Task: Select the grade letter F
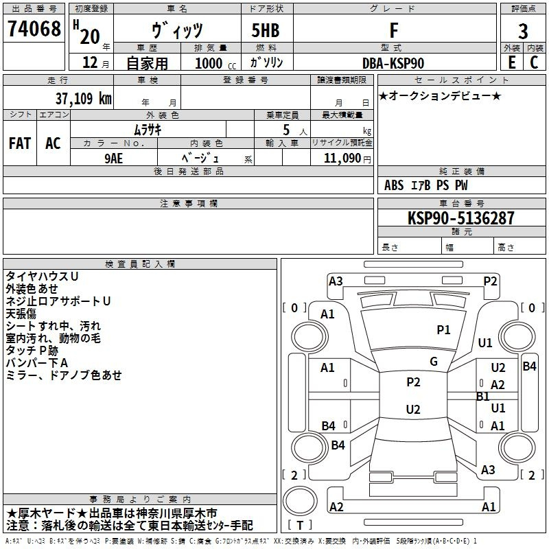[x=393, y=31]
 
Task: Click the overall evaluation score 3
[x=523, y=32]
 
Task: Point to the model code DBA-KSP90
[x=393, y=63]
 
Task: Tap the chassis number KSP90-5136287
[x=460, y=218]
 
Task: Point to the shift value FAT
[x=20, y=143]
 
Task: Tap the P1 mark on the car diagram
[x=444, y=330]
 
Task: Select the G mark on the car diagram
[x=434, y=362]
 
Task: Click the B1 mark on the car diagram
[x=482, y=397]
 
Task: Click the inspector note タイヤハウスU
[x=42, y=276]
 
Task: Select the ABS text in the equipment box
[x=394, y=185]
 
